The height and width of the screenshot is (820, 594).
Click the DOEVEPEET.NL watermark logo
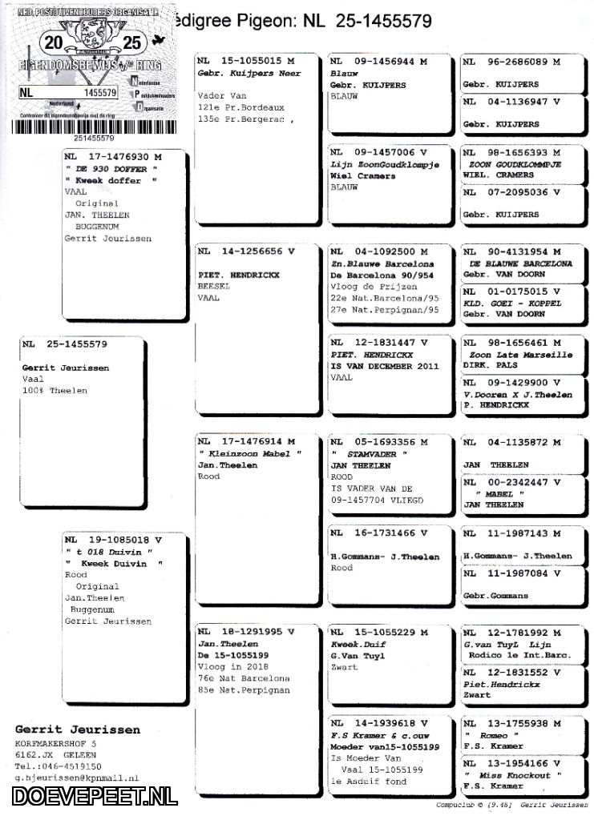point(95,795)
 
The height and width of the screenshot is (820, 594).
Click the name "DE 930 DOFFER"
point(111,170)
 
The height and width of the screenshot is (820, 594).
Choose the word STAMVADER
point(375,453)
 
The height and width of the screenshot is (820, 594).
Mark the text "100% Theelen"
point(55,391)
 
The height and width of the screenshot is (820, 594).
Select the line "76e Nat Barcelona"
point(244,678)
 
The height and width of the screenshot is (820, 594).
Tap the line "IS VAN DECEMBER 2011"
point(385,366)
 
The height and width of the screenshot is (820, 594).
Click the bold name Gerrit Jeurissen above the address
point(77,730)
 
